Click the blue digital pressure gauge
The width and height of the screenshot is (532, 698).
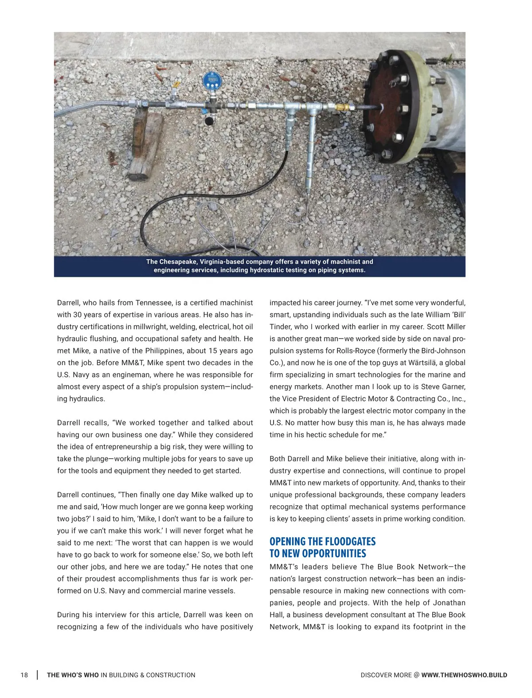click(x=212, y=81)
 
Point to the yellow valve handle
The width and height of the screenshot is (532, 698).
click(x=176, y=85)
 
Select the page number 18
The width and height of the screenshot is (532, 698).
click(x=24, y=675)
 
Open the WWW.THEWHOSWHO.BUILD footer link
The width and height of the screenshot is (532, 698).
click(x=464, y=675)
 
